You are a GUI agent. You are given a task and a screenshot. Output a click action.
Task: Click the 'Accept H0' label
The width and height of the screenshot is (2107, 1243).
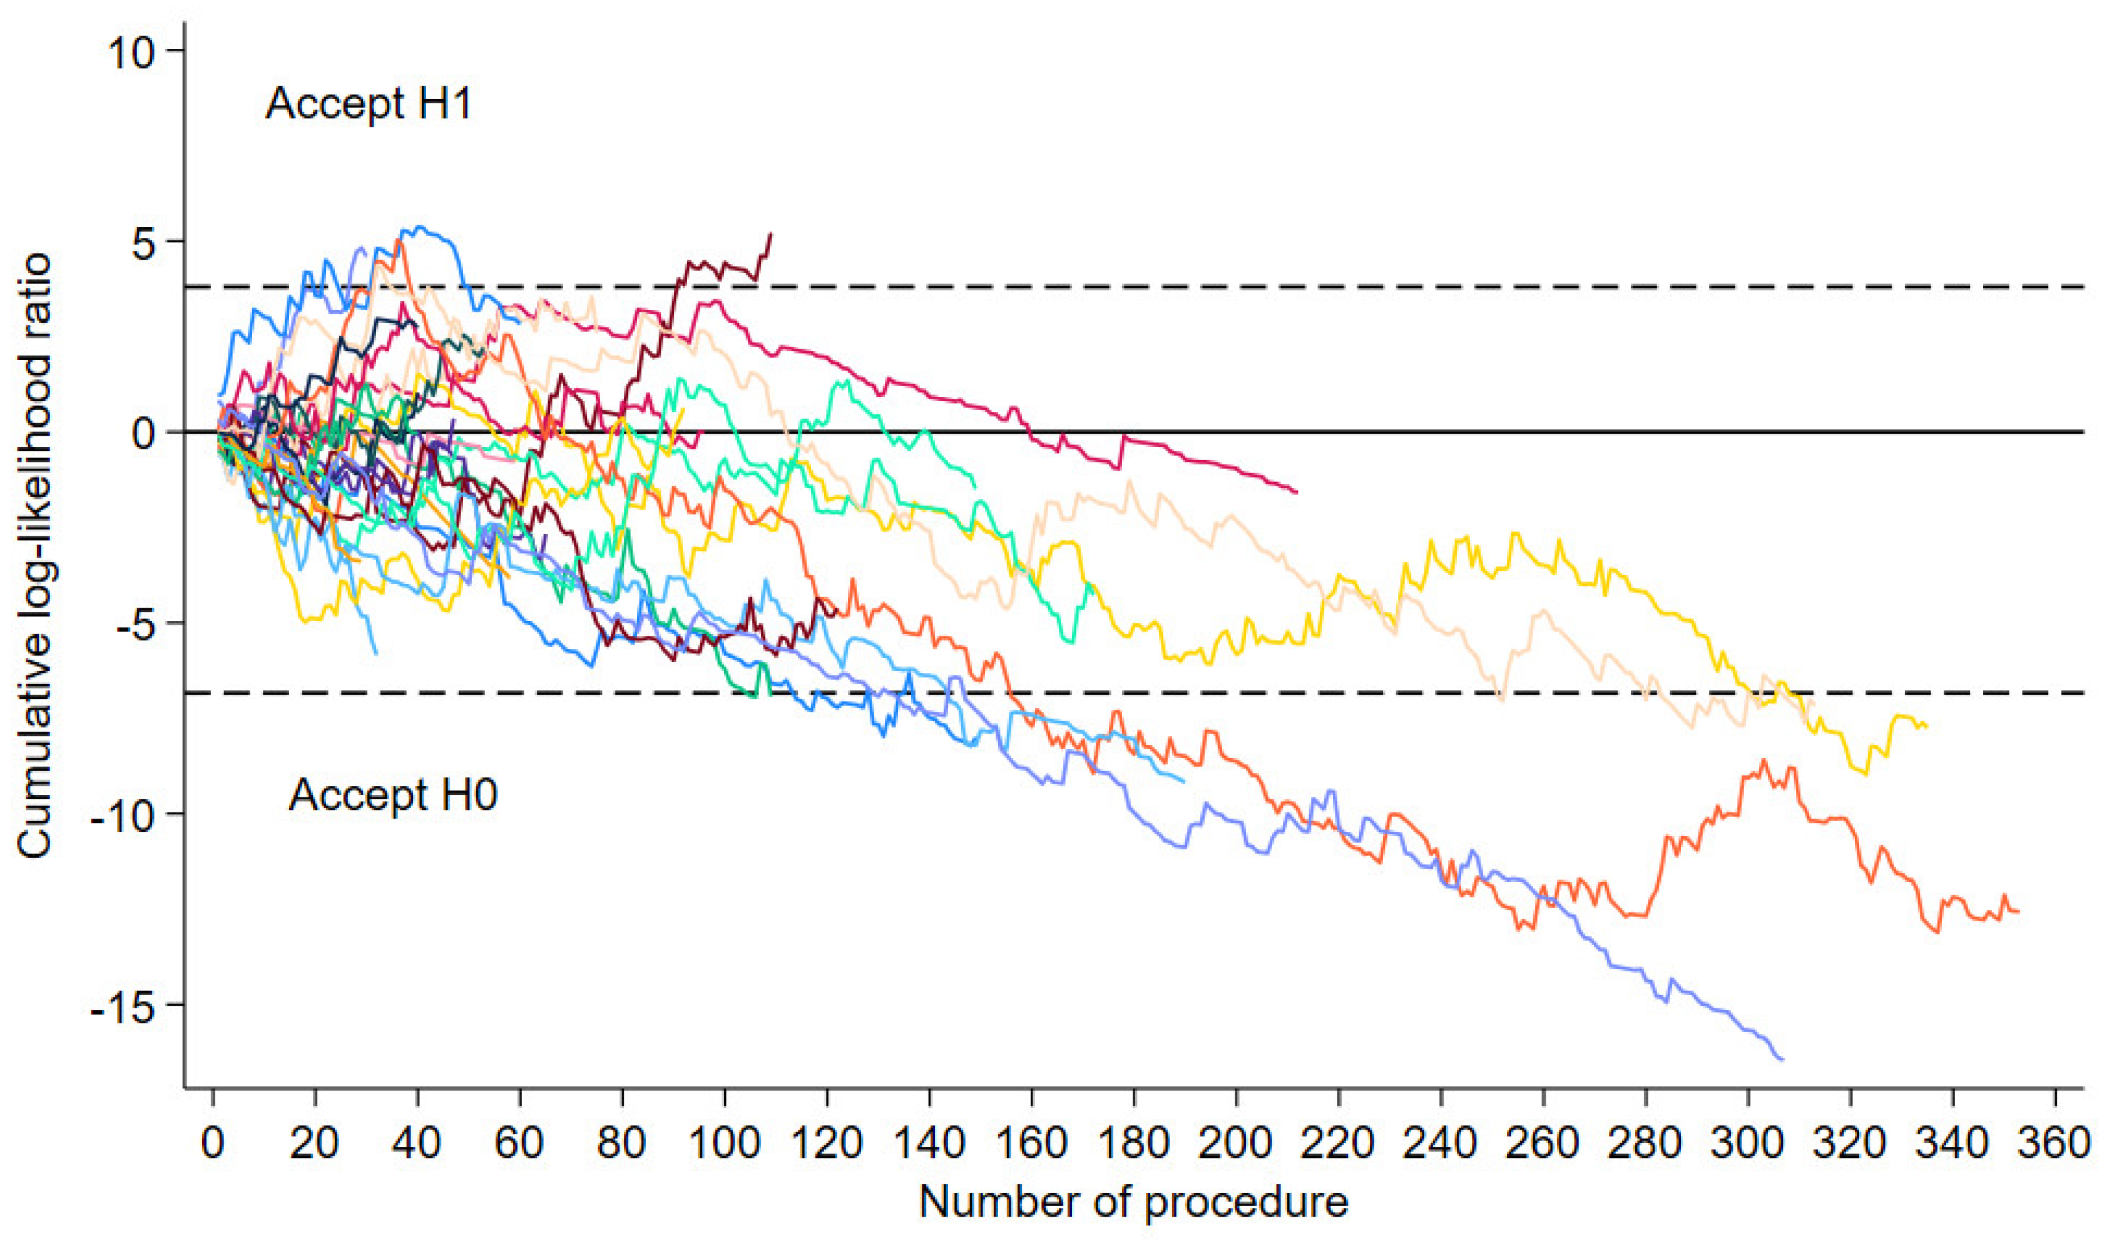(393, 794)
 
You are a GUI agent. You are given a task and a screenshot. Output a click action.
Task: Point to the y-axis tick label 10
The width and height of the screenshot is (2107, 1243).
(131, 52)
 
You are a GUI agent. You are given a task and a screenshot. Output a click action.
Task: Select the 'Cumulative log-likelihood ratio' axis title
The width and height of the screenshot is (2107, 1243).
(35, 556)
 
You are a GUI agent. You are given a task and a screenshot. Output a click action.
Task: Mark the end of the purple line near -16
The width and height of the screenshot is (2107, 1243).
(1783, 1060)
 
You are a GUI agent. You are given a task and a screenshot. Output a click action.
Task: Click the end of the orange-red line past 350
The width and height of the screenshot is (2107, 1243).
(2019, 911)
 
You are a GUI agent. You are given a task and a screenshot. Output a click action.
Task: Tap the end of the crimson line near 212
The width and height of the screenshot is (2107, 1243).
(1297, 493)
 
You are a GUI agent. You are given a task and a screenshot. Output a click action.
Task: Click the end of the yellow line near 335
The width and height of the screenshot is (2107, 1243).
(1927, 726)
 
